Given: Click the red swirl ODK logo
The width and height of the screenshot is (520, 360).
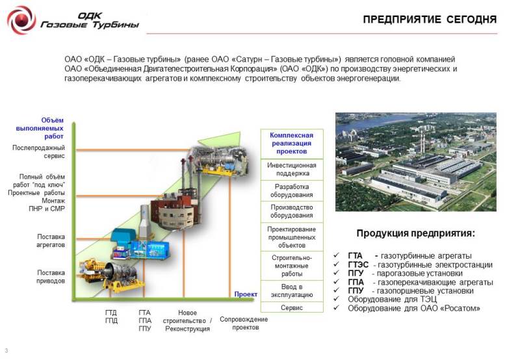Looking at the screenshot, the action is click(21, 20).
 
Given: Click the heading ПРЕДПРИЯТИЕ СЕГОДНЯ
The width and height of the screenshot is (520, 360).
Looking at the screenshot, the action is click(430, 19).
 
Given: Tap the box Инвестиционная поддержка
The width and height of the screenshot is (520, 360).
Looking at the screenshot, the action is click(292, 170).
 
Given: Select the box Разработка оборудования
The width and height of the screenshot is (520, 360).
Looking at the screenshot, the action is click(292, 191).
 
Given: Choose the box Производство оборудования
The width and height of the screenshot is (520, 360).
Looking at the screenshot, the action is click(292, 211).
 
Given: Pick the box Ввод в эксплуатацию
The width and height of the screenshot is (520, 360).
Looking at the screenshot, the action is click(292, 290).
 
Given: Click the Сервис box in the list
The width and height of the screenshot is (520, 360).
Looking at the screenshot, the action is click(292, 307).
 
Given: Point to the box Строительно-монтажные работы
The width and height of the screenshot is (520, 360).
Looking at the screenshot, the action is click(292, 266).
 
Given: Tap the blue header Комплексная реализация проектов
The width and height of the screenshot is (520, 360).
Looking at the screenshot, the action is click(292, 144).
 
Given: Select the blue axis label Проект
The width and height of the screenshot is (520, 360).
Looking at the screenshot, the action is click(246, 294).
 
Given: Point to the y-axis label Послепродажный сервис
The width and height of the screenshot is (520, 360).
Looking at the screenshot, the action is click(39, 152).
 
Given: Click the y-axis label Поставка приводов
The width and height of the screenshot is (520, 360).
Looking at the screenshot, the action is click(51, 277).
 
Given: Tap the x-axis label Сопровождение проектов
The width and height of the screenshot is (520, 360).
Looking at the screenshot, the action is click(244, 323).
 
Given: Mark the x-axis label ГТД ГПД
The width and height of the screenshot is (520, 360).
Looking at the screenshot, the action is click(111, 317).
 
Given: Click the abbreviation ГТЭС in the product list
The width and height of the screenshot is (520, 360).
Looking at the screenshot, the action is click(358, 265).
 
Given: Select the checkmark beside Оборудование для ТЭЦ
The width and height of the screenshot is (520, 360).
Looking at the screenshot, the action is click(336, 299).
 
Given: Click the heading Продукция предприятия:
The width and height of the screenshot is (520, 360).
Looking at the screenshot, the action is click(415, 233).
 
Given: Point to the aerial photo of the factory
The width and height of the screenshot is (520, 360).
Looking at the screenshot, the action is click(416, 162).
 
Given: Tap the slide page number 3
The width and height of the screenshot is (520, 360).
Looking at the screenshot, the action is click(6, 351).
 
